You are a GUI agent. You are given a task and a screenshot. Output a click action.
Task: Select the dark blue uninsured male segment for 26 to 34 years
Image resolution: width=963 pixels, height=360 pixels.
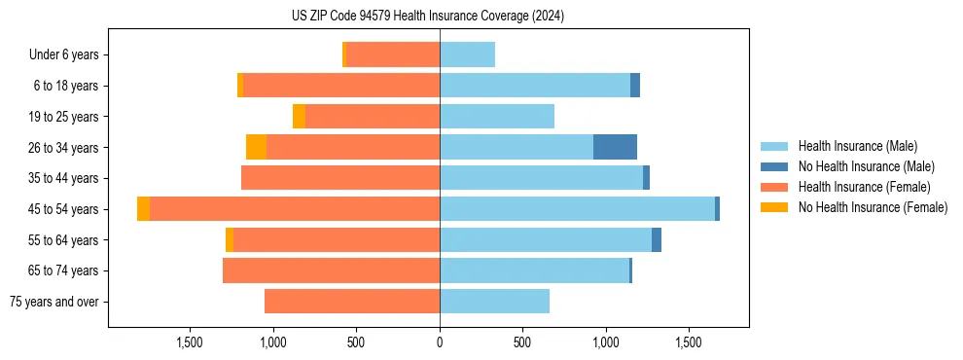point(615,147)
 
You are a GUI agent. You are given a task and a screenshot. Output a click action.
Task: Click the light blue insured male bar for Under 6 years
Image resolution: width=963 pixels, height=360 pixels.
point(467,54)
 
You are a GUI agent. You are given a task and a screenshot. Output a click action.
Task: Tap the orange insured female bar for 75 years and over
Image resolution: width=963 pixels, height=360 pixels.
point(352,302)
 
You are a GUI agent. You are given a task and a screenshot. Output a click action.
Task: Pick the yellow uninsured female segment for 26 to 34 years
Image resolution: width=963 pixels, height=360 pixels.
point(256,147)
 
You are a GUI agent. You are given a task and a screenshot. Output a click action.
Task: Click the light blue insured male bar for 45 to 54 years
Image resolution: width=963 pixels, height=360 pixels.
point(577,209)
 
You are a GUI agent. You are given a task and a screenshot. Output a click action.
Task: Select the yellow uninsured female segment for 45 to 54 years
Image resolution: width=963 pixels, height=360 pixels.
point(144,209)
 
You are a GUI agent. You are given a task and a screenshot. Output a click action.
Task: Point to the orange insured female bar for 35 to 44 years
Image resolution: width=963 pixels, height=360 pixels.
point(340,178)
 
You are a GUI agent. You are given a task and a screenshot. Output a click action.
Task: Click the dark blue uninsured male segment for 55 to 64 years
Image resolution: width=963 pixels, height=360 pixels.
point(657,239)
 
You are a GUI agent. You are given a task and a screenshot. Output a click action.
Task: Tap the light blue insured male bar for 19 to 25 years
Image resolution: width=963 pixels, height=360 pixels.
point(497,117)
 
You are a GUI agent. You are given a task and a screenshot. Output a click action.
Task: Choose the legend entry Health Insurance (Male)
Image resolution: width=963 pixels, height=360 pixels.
point(857,146)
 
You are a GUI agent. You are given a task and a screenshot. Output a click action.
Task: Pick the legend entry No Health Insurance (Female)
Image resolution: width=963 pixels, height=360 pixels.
point(873,207)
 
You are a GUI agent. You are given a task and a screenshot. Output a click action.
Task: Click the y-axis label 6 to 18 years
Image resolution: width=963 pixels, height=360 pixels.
point(66,86)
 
